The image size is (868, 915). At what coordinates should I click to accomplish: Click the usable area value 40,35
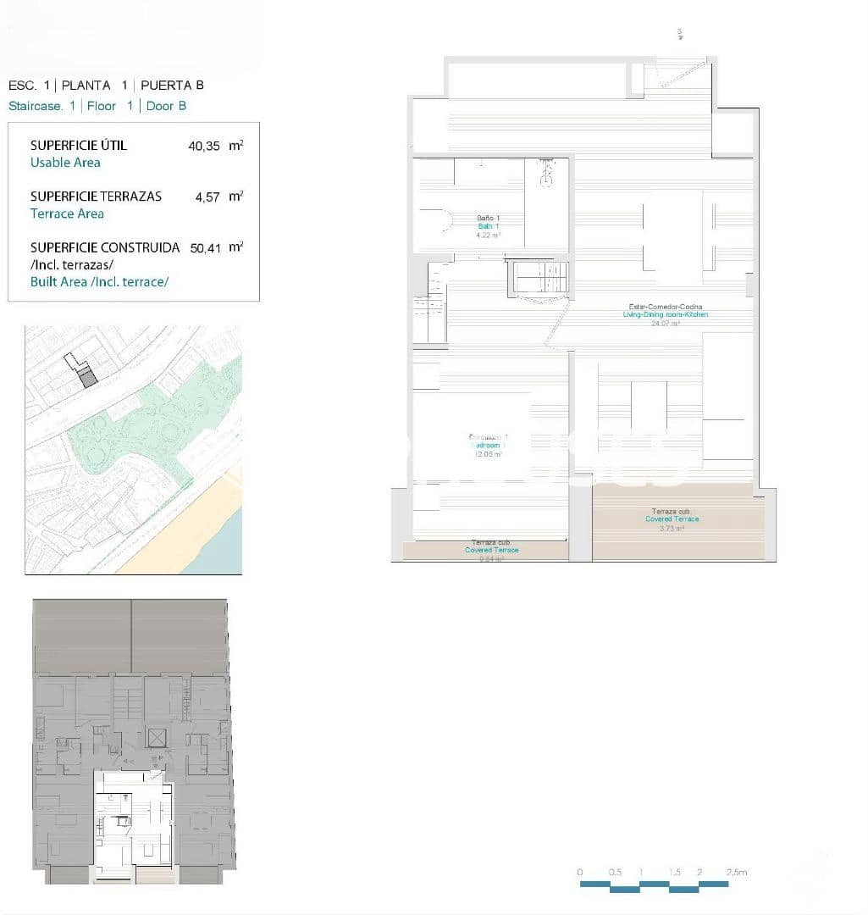coord(203,146)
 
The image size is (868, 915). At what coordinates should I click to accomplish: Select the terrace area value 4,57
coord(207,197)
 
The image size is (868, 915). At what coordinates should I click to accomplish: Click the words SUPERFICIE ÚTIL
coord(78,145)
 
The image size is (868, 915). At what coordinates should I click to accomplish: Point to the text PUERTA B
coord(172,85)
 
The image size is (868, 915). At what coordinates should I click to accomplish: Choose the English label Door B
coord(166,106)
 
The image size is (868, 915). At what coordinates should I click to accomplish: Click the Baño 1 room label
coord(488,219)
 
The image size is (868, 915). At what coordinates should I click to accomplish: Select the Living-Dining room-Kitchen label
coord(665,314)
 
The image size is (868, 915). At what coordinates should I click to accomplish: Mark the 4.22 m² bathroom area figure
coord(489,235)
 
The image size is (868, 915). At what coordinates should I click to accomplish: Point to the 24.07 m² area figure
coord(665,323)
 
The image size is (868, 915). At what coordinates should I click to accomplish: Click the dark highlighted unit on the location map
coord(88,377)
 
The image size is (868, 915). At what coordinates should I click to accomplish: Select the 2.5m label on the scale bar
coord(736,872)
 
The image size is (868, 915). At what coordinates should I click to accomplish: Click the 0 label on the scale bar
coord(580,872)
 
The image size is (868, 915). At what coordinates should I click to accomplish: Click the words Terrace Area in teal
coord(67,213)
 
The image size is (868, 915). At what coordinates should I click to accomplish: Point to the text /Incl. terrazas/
coord(65,264)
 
